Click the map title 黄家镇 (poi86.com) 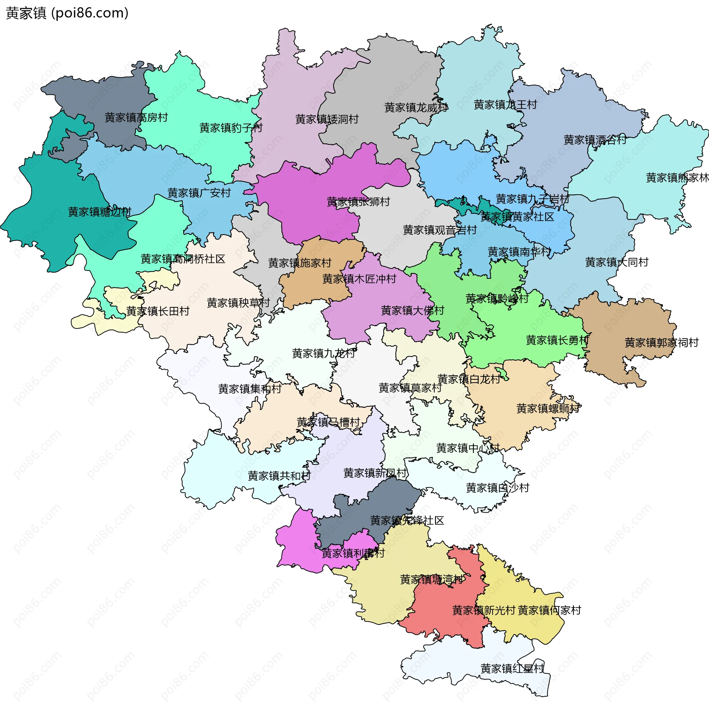[x=67, y=13]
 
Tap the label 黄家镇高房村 [x=136, y=118]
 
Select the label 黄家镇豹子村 [x=231, y=128]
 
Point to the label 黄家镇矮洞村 [x=327, y=120]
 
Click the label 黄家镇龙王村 [x=505, y=105]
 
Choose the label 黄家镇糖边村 [x=99, y=212]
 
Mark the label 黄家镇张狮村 [x=358, y=202]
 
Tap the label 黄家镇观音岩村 [x=440, y=230]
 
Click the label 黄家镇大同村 [x=617, y=262]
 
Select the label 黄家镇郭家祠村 [x=661, y=343]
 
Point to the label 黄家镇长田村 [x=158, y=311]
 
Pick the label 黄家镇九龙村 [x=323, y=353]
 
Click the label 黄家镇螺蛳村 [x=548, y=409]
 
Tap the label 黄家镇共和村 [x=279, y=476]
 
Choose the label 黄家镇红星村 [x=512, y=669]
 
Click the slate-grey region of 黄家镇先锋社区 [x=357, y=517]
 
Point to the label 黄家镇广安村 [x=199, y=193]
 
